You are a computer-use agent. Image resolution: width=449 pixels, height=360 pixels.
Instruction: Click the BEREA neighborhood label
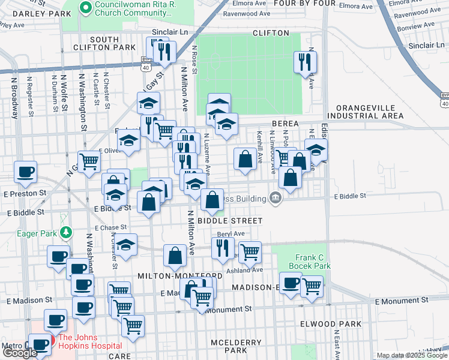point(285,123)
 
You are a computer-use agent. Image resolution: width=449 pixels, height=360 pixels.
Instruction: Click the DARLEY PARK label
point(33,13)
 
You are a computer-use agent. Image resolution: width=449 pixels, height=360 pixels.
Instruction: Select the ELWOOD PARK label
point(331,324)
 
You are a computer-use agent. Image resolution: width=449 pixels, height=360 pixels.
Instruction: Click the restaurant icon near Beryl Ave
point(223,248)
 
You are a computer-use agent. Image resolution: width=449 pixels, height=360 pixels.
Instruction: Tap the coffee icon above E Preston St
point(26,173)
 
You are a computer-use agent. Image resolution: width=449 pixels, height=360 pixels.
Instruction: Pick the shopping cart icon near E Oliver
point(89,161)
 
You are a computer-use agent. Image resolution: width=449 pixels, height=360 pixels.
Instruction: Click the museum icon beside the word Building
point(276,197)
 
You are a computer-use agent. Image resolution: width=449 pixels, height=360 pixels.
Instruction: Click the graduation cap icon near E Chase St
point(126,246)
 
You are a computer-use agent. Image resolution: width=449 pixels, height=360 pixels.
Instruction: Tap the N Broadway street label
point(14,95)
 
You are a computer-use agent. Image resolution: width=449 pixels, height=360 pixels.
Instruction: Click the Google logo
point(20,353)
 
